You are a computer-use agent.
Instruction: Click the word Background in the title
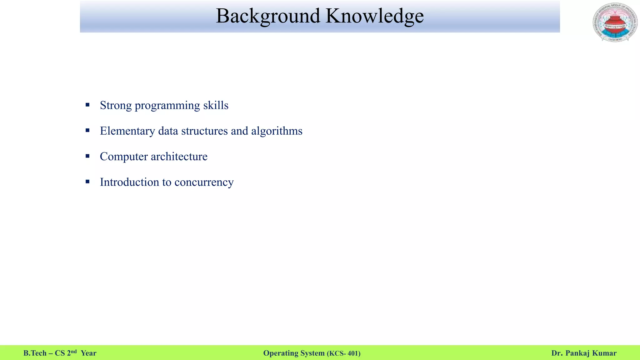click(x=268, y=16)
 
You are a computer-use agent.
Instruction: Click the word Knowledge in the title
click(x=374, y=16)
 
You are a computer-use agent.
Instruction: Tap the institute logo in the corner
click(x=615, y=22)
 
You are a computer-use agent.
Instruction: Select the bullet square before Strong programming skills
click(x=87, y=105)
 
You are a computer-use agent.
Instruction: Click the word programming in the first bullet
click(x=167, y=106)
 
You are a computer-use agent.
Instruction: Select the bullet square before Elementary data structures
click(x=87, y=131)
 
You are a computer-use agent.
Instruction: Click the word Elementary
click(x=127, y=131)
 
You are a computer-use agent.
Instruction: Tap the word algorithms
click(x=277, y=131)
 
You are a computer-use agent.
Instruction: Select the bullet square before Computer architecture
click(x=87, y=156)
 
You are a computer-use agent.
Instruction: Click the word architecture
click(x=179, y=157)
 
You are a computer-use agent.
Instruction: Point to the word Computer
click(x=123, y=157)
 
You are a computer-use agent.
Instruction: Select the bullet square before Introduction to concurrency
click(x=87, y=182)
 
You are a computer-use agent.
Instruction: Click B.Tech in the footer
click(x=35, y=353)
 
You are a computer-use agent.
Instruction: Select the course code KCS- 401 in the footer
click(x=344, y=353)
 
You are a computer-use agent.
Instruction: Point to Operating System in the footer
click(x=294, y=353)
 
